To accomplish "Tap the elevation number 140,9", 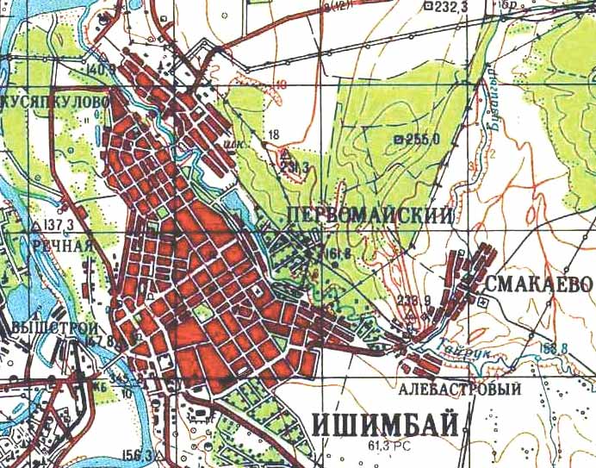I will click(x=101, y=68).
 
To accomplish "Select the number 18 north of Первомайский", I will click(x=275, y=134).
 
